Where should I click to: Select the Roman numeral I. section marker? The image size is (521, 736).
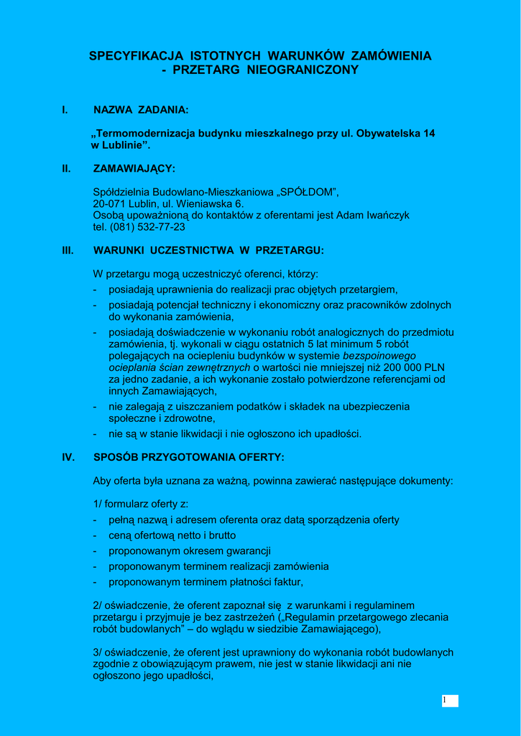[x=65, y=110]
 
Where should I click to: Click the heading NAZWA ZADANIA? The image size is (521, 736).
[x=141, y=110]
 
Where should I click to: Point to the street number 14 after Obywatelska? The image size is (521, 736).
[x=429, y=134]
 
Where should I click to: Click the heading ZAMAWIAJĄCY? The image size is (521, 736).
[x=134, y=169]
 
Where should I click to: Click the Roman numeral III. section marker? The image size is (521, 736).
[x=68, y=251]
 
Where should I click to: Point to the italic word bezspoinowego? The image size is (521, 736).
[x=379, y=356]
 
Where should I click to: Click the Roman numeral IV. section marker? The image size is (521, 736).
[x=69, y=457]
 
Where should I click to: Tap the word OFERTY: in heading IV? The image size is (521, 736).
[x=264, y=457]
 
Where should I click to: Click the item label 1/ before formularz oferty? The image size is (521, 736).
[x=98, y=504]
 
